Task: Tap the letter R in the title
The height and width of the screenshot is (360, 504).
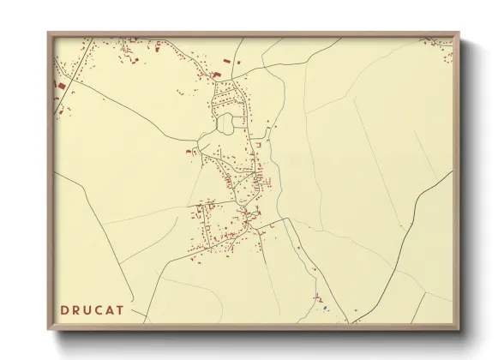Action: pos(78,309)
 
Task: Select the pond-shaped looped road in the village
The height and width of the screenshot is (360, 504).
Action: pos(226,124)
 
